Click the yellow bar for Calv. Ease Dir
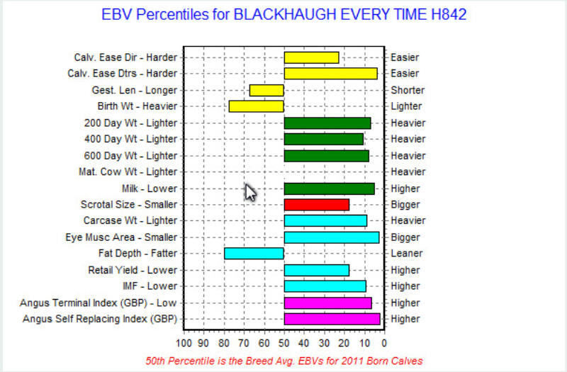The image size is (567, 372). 311,57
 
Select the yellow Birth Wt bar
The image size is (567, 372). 257,106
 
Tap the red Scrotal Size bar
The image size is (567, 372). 316,205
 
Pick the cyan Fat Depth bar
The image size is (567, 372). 254,254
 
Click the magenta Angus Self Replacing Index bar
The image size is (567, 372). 332,319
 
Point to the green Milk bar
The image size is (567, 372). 329,188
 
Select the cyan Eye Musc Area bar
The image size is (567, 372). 332,237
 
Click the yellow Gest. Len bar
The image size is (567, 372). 266,91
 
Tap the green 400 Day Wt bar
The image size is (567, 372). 324,139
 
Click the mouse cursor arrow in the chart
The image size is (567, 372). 250,192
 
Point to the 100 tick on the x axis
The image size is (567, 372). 184,343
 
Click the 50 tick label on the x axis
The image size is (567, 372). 284,343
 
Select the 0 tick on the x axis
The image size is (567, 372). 384,343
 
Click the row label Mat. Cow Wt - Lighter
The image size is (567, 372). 128,171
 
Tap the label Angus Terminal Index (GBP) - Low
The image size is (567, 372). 99,303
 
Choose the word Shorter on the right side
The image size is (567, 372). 408,91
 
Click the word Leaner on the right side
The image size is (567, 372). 406,254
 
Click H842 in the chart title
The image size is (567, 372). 449,14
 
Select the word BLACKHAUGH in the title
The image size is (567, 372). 286,14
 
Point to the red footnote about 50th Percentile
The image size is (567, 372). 284,361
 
